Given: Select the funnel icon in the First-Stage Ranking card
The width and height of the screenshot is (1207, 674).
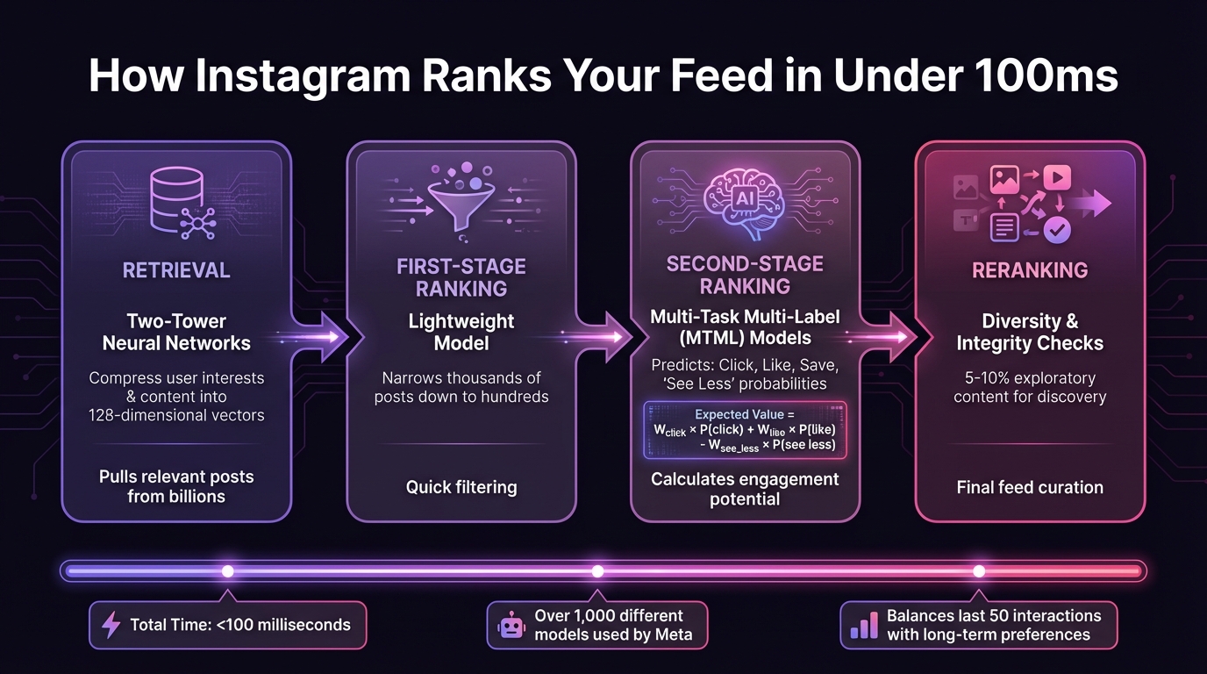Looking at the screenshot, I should (x=461, y=200).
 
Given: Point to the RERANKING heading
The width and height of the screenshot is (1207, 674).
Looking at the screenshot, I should (x=1030, y=270).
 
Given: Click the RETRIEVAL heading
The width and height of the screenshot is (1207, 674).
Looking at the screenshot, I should (x=176, y=270).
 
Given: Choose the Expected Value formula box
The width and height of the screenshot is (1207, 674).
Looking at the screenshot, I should (x=745, y=430).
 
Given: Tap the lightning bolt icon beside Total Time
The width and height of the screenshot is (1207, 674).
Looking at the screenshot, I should (x=111, y=625).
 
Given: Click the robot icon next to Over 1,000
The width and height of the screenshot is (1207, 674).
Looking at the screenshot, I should (x=511, y=625).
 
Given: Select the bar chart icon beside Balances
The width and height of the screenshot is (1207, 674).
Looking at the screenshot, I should (x=864, y=625).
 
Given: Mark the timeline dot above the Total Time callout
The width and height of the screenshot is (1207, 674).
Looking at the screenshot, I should (x=227, y=571).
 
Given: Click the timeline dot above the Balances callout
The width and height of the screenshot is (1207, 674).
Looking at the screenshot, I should (x=979, y=571).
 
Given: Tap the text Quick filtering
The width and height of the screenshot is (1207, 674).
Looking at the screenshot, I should (x=461, y=487).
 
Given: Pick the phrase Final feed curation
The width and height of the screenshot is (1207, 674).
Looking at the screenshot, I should (x=1030, y=487).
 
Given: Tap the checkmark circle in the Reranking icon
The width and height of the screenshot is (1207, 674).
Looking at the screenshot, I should (x=1057, y=230).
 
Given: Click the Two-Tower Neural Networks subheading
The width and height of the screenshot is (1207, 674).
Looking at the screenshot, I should (x=176, y=332).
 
